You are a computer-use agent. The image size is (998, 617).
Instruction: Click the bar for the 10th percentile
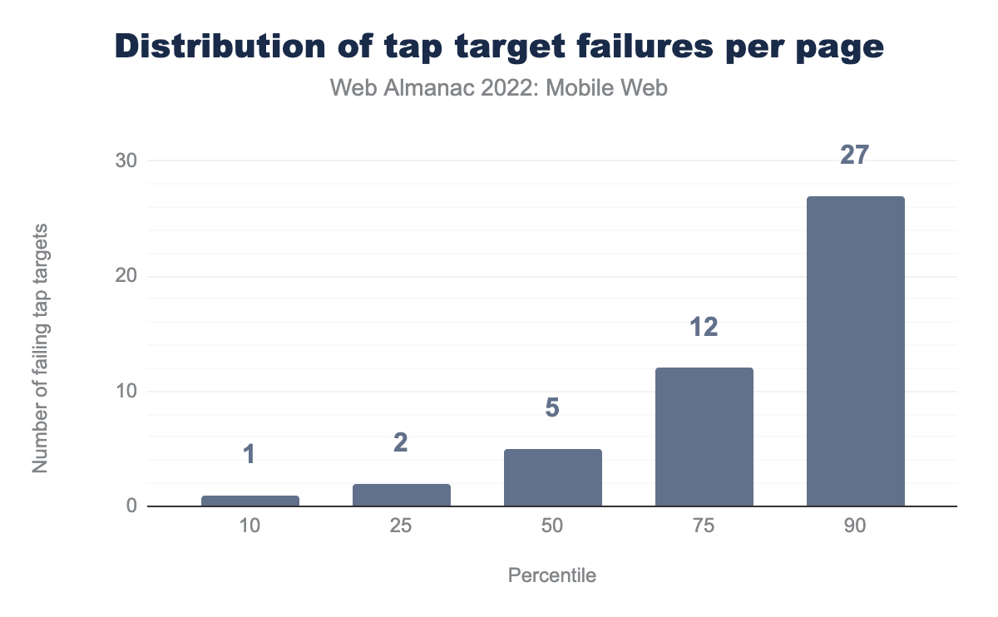250,501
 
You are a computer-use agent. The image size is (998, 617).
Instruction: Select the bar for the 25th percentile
402,495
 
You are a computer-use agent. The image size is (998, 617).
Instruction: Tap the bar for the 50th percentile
553,477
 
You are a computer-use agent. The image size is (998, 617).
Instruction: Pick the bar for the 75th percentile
704,437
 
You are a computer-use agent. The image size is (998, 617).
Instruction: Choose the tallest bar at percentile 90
856,351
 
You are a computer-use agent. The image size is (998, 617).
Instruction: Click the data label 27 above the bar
856,155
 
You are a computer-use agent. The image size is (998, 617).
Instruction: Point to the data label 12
704,327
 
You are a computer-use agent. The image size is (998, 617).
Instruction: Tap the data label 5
553,408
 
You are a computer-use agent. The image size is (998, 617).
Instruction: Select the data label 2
402,442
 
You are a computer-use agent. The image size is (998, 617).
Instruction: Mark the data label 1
249,454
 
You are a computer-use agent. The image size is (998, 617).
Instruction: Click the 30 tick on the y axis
126,160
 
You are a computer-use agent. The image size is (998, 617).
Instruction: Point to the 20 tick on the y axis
126,276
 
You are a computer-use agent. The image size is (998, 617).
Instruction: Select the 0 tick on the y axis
132,506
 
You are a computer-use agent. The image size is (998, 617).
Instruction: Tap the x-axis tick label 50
553,527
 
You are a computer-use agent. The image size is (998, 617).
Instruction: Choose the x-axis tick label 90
856,527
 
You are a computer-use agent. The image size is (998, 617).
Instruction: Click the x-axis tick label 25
402,527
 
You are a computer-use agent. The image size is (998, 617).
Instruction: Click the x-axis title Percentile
552,575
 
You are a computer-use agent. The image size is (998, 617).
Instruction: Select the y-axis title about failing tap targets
40,348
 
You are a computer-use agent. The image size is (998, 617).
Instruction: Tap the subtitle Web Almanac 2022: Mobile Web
499,88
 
